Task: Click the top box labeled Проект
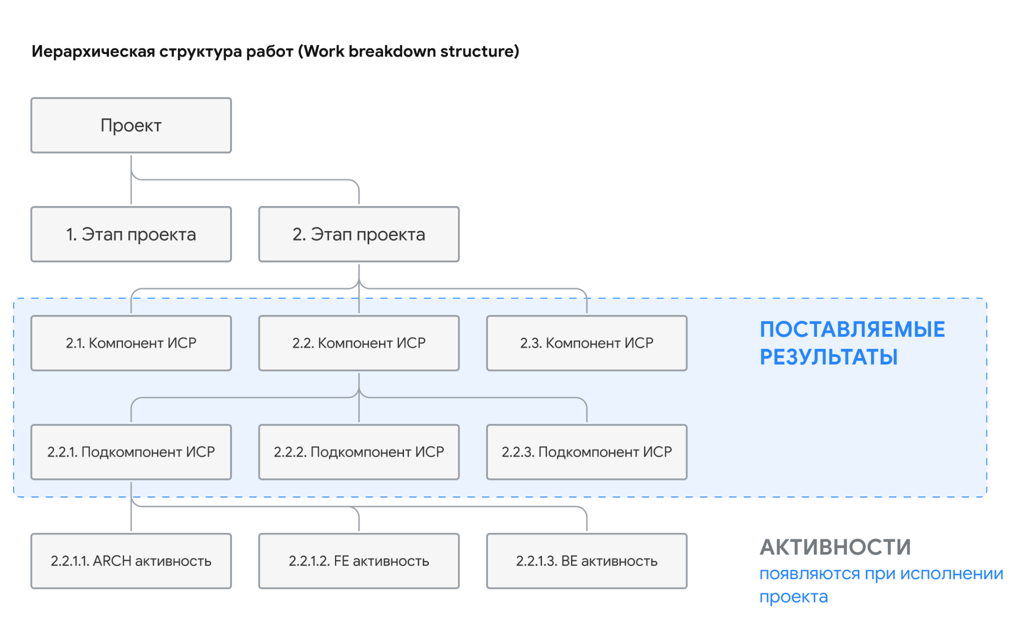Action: [131, 125]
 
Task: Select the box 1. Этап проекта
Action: [131, 234]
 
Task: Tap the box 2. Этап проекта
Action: [359, 234]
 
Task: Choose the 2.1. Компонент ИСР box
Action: [131, 343]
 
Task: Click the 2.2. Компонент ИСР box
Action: [359, 343]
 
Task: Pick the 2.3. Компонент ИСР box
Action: [587, 343]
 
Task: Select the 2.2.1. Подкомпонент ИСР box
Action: [131, 452]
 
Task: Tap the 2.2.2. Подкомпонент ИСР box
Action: [359, 452]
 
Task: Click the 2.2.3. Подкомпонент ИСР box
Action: [587, 452]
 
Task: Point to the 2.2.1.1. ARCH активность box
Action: [131, 561]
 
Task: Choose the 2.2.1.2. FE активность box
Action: [359, 561]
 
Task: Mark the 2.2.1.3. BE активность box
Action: [587, 561]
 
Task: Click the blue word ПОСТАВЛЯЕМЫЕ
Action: [852, 329]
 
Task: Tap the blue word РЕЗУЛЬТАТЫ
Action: [829, 357]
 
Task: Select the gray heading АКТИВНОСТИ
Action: [835, 547]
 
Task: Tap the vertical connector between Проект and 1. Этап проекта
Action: [131, 179]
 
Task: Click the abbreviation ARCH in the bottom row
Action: [112, 561]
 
